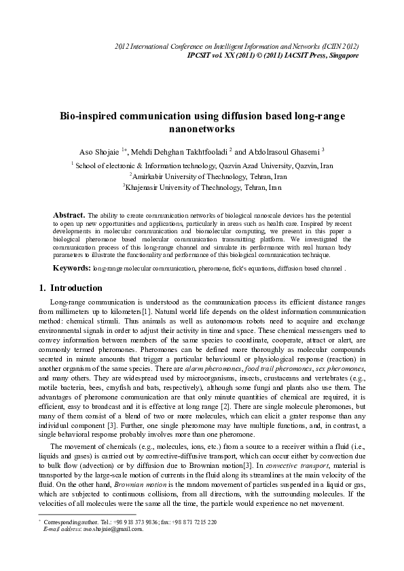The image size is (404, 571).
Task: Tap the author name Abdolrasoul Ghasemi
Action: (x=278, y=150)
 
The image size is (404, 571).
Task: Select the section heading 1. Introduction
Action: (x=71, y=288)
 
